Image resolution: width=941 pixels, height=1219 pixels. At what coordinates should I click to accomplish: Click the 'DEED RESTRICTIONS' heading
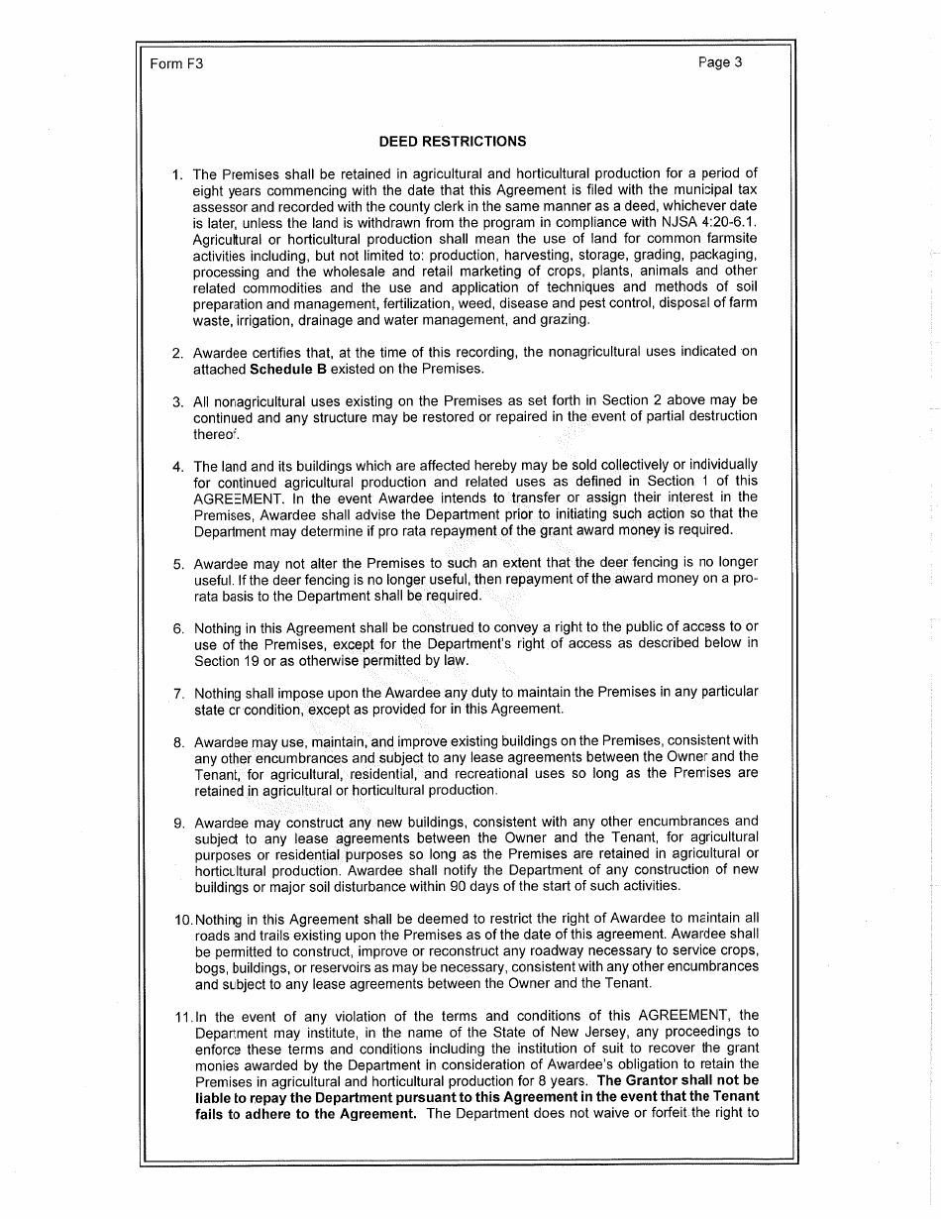[x=452, y=141]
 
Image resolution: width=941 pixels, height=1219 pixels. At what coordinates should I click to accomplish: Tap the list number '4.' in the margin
[x=178, y=466]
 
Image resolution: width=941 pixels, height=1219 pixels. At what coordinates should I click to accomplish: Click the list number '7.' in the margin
[x=178, y=693]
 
